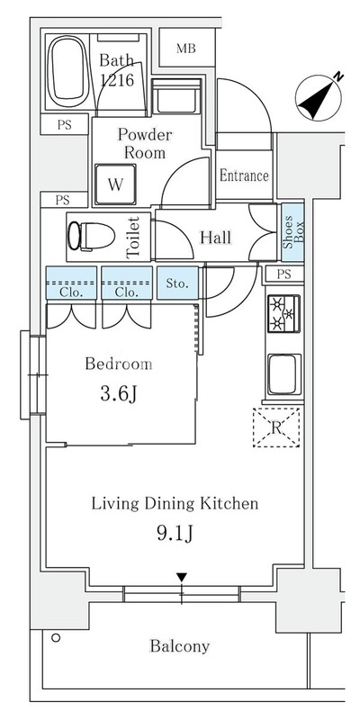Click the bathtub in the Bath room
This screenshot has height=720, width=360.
[68, 72]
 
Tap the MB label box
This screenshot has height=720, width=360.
[186, 49]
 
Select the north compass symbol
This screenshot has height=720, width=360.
[319, 96]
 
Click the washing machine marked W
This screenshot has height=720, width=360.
[115, 184]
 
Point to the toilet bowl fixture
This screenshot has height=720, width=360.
[91, 236]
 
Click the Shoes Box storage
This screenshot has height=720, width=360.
[292, 232]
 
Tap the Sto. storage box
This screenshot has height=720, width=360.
[177, 283]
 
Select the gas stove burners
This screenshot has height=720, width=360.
[283, 313]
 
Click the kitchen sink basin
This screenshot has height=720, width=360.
[284, 374]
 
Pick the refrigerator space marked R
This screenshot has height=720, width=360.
[276, 427]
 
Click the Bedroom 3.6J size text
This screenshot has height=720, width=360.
[119, 394]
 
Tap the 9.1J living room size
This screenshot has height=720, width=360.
[175, 534]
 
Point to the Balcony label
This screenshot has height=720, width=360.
[179, 646]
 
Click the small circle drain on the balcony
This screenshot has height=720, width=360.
[56, 638]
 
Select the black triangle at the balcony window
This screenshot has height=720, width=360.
[183, 577]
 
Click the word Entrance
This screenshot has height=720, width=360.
[244, 175]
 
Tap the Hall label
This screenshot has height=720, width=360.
[215, 238]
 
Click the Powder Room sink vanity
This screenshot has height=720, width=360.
[176, 96]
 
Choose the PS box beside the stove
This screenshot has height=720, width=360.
[283, 274]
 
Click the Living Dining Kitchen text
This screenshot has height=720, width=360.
[175, 504]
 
